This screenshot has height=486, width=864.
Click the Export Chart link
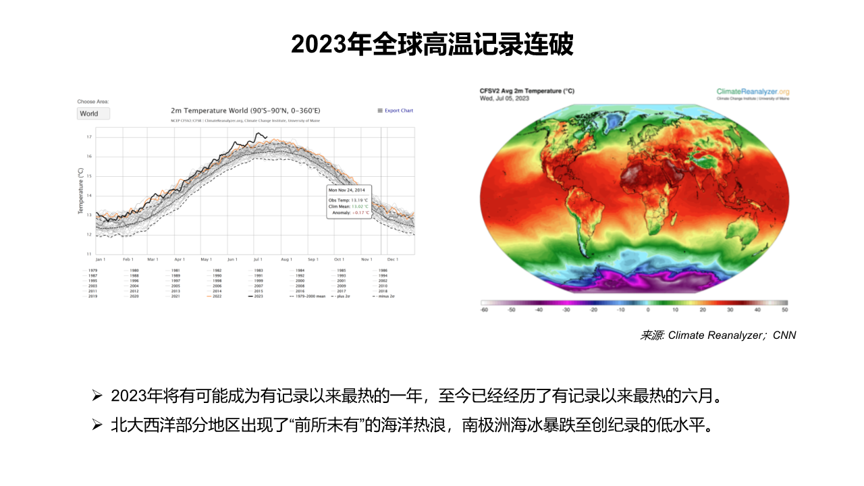[398, 111]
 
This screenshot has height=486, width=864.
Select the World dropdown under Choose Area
[93, 113]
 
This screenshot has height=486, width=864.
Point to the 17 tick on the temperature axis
[89, 137]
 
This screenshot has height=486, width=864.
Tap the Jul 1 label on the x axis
[258, 259]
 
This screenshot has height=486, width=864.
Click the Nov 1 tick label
[367, 259]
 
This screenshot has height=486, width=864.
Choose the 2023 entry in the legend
[256, 296]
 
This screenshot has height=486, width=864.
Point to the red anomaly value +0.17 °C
[358, 213]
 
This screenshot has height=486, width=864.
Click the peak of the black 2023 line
[257, 133]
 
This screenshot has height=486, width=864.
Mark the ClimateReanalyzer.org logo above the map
[753, 92]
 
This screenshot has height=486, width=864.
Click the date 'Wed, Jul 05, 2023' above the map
[504, 99]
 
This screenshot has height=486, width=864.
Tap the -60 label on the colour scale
[483, 310]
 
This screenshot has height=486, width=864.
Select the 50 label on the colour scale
[785, 310]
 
